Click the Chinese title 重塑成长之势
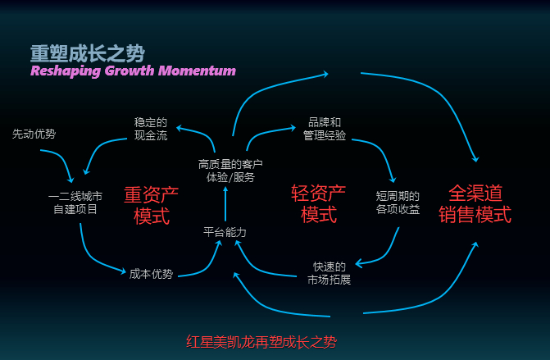tap(87, 52)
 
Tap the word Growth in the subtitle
tap(131, 71)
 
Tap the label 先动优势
tap(34, 134)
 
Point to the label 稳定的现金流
tap(151, 129)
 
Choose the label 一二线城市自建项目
tap(75, 203)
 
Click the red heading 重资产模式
tap(151, 205)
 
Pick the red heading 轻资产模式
tap(319, 204)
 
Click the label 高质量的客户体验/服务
tap(227, 170)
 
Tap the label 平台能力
tap(225, 232)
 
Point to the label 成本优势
tap(151, 274)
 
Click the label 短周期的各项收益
tap(398, 203)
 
